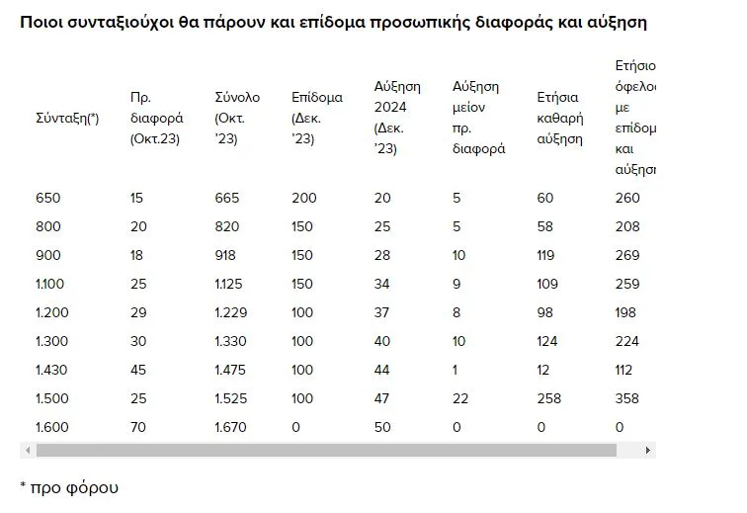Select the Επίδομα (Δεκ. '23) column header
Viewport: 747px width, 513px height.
click(316, 119)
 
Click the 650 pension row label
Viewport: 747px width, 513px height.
click(47, 198)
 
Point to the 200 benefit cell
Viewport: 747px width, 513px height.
click(304, 198)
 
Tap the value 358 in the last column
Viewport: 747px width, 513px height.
click(627, 399)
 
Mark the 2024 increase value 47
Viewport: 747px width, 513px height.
click(383, 399)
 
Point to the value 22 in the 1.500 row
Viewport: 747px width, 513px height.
click(459, 399)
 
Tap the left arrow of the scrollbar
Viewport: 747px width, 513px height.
click(26, 451)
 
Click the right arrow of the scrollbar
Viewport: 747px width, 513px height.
click(648, 451)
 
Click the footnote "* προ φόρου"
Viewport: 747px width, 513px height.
click(69, 487)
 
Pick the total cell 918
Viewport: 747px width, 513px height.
click(226, 254)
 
